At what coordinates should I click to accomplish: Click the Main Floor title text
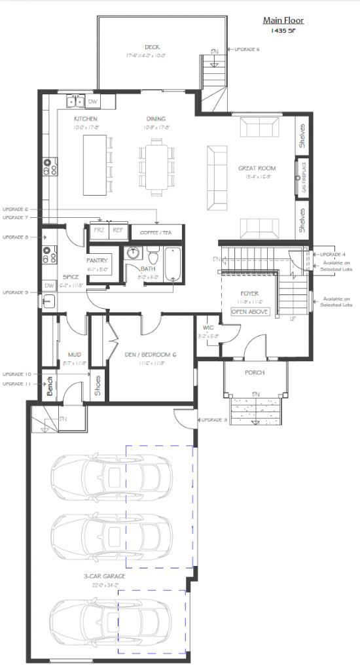click(x=283, y=20)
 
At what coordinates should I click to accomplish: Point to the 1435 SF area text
click(x=283, y=31)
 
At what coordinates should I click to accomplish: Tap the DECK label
click(x=153, y=47)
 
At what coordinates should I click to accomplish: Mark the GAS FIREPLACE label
click(x=303, y=176)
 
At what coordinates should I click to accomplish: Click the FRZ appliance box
click(x=99, y=230)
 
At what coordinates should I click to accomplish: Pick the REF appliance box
click(x=118, y=230)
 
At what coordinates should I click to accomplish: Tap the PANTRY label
click(x=98, y=260)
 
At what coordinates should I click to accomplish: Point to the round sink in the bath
click(x=134, y=252)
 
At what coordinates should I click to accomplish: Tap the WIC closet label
click(x=207, y=326)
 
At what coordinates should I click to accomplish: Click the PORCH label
click(x=254, y=372)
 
